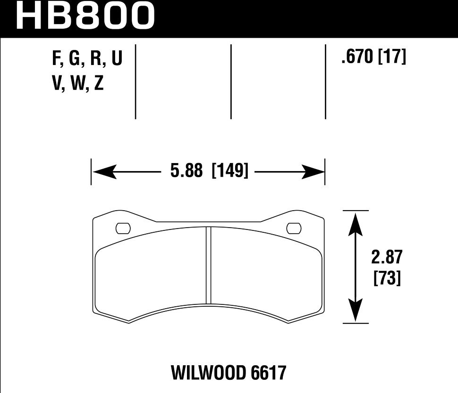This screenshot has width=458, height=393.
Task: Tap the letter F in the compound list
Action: pyautogui.click(x=57, y=59)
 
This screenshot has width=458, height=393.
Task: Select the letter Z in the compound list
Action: pyautogui.click(x=99, y=84)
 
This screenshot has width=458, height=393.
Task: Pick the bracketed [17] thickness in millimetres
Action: pyautogui.click(x=392, y=58)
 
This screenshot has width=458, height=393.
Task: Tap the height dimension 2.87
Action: pyautogui.click(x=387, y=258)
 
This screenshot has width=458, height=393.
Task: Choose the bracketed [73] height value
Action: pyautogui.click(x=387, y=278)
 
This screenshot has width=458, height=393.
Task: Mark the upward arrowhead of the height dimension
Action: pyautogui.click(x=356, y=223)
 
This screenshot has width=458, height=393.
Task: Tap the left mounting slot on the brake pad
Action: pyautogui.click(x=123, y=228)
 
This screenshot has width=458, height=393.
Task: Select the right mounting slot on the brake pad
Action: pyautogui.click(x=293, y=228)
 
